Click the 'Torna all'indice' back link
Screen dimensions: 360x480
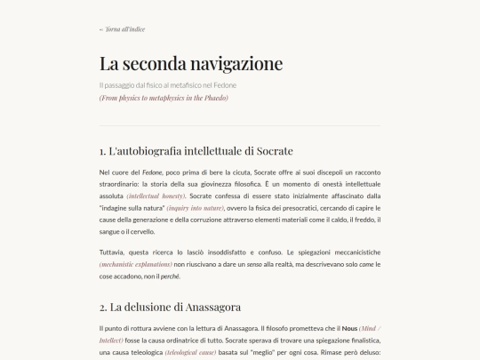pos(123,29)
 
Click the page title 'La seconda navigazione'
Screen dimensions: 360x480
pos(190,64)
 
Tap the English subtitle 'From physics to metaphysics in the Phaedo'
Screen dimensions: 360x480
pos(164,98)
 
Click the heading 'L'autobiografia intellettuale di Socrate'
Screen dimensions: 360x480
pos(196,150)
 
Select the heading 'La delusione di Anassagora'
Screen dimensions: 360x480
pos(170,308)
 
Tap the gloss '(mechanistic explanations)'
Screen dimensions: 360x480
pos(136,265)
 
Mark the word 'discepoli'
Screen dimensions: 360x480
pos(312,171)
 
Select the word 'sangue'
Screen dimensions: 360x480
pos(111,231)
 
